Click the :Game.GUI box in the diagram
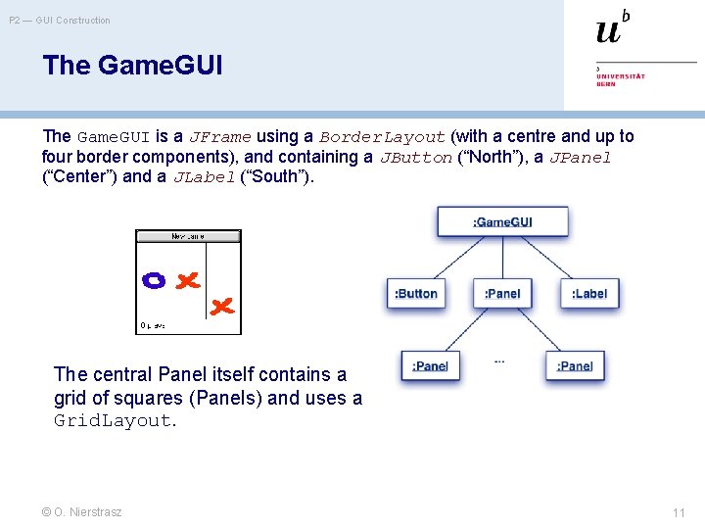point(502,221)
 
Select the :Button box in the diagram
point(416,293)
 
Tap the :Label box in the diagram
point(589,293)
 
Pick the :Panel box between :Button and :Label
point(502,293)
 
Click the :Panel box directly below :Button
point(430,365)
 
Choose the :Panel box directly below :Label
point(575,365)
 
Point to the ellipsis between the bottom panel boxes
point(499,361)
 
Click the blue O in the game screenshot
point(154,280)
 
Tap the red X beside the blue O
point(186,280)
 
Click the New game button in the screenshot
point(188,236)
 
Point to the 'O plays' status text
point(153,325)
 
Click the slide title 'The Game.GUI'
point(133,66)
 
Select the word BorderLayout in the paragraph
point(383,137)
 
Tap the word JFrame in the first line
point(220,137)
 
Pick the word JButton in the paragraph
point(416,158)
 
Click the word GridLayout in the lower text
point(114,420)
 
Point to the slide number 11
point(679,512)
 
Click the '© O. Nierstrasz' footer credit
point(82,511)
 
